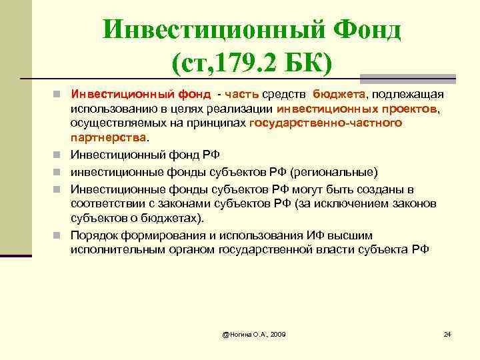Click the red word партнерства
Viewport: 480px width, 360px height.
pos(108,138)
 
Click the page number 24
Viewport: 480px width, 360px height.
pos(447,333)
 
